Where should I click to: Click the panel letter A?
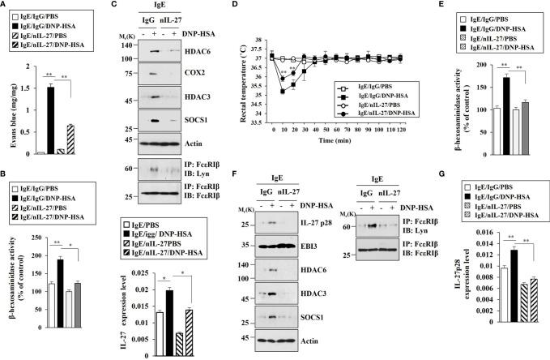coord(6,7)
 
